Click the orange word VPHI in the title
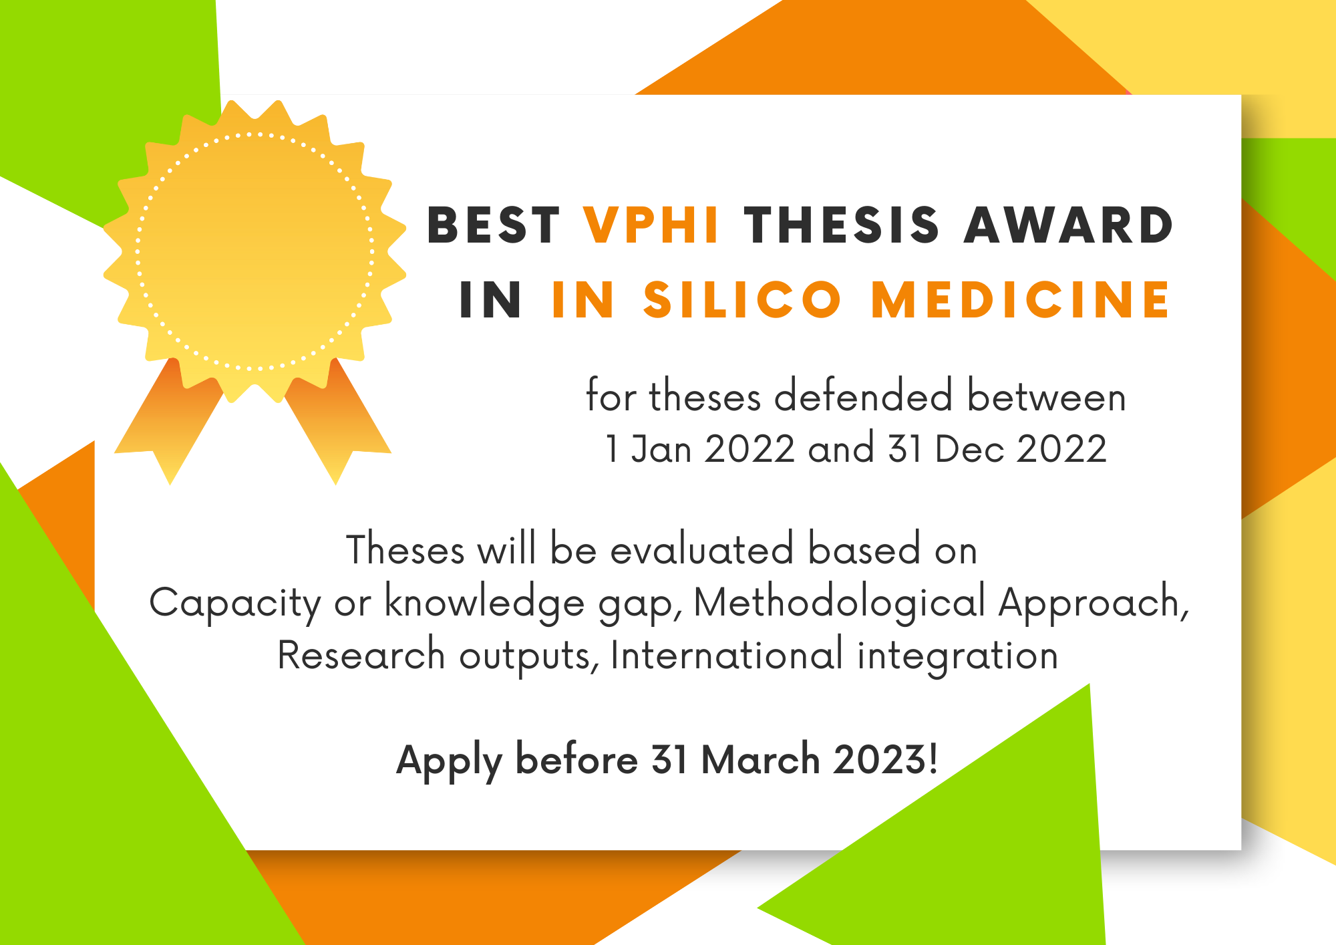[651, 225]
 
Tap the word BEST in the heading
[494, 225]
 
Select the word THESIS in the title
[842, 225]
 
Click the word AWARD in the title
[1068, 225]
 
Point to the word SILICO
[742, 299]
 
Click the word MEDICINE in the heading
[1021, 299]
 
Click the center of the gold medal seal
[255, 251]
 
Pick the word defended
[863, 396]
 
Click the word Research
[361, 655]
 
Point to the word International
[727, 655]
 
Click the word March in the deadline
[761, 760]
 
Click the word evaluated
[701, 549]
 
